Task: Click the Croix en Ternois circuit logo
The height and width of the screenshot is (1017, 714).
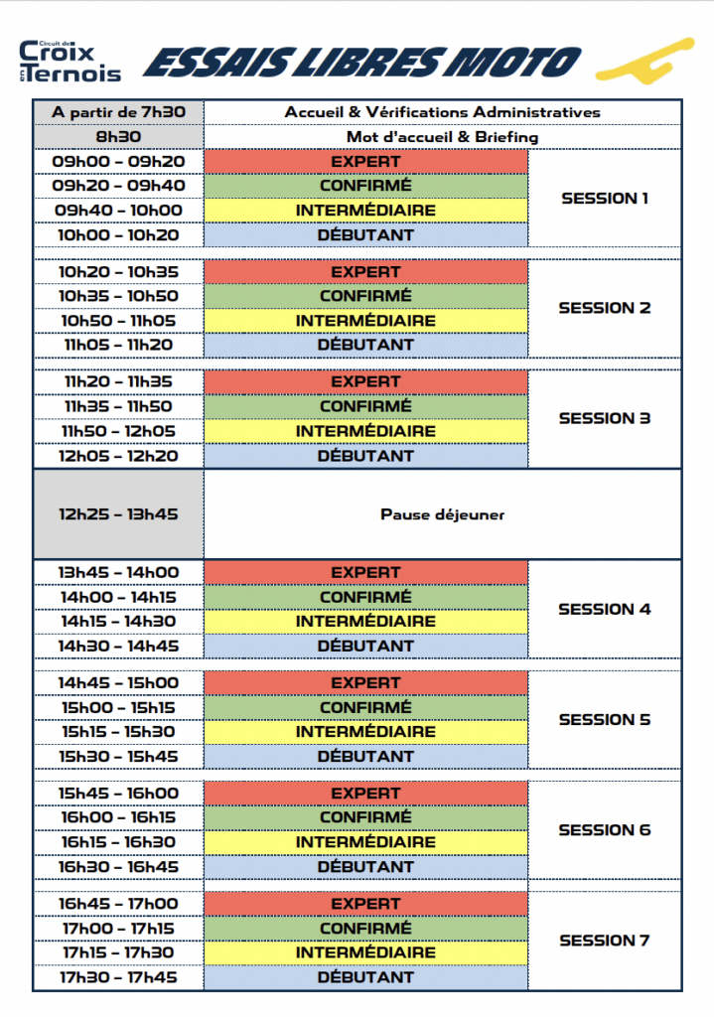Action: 70,62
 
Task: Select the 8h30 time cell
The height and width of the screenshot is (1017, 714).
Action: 118,136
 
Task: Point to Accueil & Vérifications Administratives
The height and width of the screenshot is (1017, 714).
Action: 442,112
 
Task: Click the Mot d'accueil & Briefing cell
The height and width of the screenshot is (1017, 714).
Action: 442,136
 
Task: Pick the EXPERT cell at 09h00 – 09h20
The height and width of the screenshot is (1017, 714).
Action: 365,161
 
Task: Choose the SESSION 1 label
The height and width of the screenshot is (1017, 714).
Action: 605,198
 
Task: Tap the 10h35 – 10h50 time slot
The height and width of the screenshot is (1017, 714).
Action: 118,296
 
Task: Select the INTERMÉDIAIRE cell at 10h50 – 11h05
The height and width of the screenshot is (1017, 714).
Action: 365,321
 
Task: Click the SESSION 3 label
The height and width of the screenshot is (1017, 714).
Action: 605,418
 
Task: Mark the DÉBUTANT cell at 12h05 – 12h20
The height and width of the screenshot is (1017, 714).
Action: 365,456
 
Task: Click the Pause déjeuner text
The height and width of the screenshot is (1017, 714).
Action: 442,514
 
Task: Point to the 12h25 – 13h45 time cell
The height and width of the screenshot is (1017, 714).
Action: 118,514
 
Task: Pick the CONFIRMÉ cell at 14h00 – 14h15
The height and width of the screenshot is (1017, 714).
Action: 365,597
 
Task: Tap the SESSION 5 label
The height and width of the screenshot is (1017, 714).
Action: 605,719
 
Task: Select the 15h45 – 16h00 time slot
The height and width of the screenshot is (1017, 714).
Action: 118,793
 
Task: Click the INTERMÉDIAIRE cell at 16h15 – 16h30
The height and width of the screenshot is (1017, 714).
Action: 365,842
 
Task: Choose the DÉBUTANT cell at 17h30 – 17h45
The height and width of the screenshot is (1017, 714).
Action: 365,977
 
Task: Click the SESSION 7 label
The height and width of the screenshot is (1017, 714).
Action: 605,940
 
